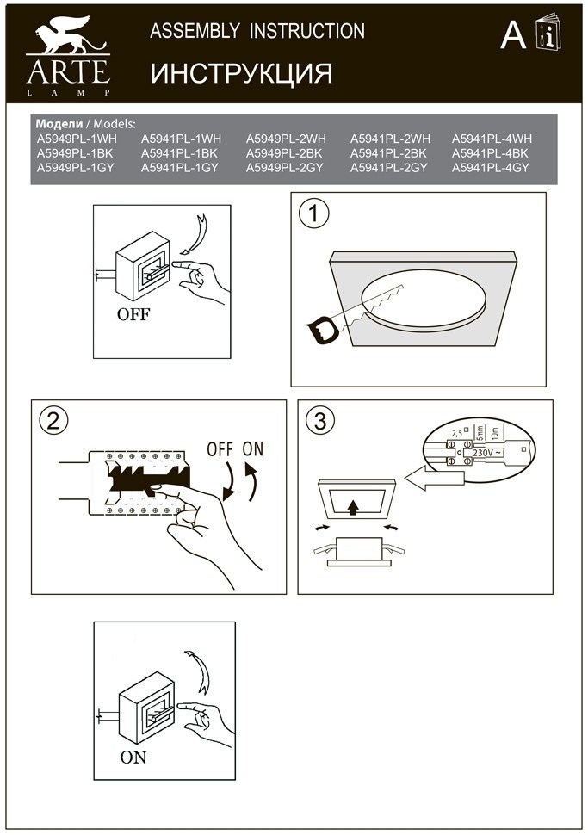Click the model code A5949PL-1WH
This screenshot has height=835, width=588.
coord(77,139)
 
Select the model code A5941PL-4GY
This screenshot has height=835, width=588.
coord(492,168)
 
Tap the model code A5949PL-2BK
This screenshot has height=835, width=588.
coord(285,153)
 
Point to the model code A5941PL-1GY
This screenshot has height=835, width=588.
coord(180,168)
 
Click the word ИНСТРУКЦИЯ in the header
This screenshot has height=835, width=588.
coord(241,74)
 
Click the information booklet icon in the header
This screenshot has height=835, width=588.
coord(546,33)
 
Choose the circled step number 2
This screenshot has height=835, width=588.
coord(53,422)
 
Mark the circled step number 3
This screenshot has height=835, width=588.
coord(320,422)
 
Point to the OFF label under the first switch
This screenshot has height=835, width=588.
coord(133,314)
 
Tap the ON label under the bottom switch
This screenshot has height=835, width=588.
coord(133,758)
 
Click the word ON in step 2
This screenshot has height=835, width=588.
coord(253,449)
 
